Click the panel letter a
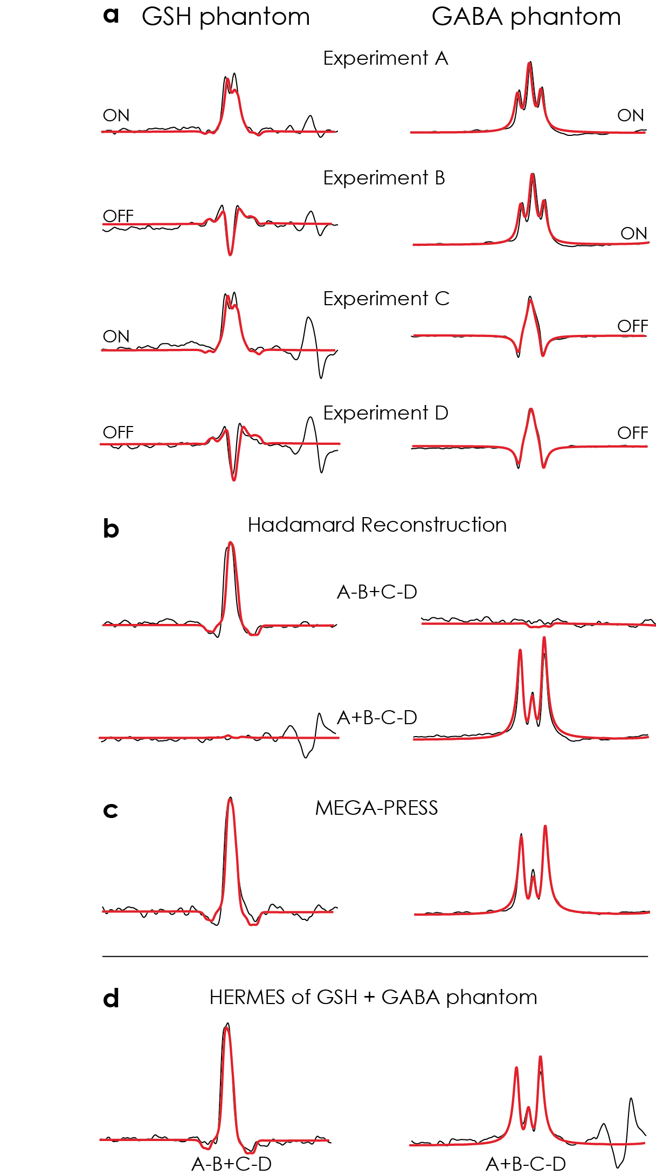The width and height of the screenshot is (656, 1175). tap(111, 16)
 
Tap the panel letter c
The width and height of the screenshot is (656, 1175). tap(111, 810)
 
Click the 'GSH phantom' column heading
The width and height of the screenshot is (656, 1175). tap(225, 17)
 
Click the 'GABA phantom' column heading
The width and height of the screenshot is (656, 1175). tap(526, 17)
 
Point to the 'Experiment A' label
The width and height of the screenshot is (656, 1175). tap(385, 58)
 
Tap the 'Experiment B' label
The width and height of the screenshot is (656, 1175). tap(384, 178)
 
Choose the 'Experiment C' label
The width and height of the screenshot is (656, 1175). tap(386, 299)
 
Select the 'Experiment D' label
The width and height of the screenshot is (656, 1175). tap(385, 413)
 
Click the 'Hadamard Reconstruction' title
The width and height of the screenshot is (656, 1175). tap(377, 525)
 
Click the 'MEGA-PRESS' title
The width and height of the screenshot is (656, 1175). tap(376, 808)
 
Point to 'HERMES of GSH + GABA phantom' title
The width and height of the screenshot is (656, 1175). tap(373, 998)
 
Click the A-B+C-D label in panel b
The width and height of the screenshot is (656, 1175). tap(377, 592)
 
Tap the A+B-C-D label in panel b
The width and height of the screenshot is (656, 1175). tap(377, 718)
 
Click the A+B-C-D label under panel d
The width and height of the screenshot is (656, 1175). tap(526, 1164)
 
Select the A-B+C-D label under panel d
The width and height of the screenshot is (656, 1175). tap(231, 1164)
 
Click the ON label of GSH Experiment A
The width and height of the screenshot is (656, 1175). tap(116, 115)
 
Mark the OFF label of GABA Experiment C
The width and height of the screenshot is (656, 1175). tap(632, 326)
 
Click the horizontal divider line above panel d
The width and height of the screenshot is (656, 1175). tap(375, 956)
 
